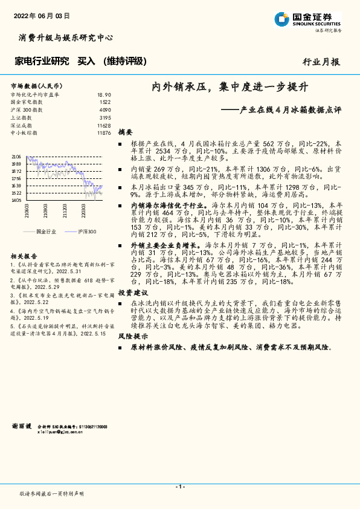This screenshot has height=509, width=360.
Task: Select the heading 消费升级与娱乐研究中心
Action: point(62,37)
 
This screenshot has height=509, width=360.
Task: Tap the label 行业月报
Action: point(320,61)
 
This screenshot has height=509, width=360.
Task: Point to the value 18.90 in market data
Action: point(104,95)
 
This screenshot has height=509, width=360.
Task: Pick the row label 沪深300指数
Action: point(27,110)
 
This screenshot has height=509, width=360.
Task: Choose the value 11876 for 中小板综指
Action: point(104,132)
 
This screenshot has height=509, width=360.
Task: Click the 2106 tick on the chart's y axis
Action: point(16,157)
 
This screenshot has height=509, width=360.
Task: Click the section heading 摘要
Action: point(125,131)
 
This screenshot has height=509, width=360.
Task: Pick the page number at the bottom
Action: point(179,487)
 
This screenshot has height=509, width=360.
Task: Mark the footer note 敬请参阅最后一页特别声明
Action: point(52,494)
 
